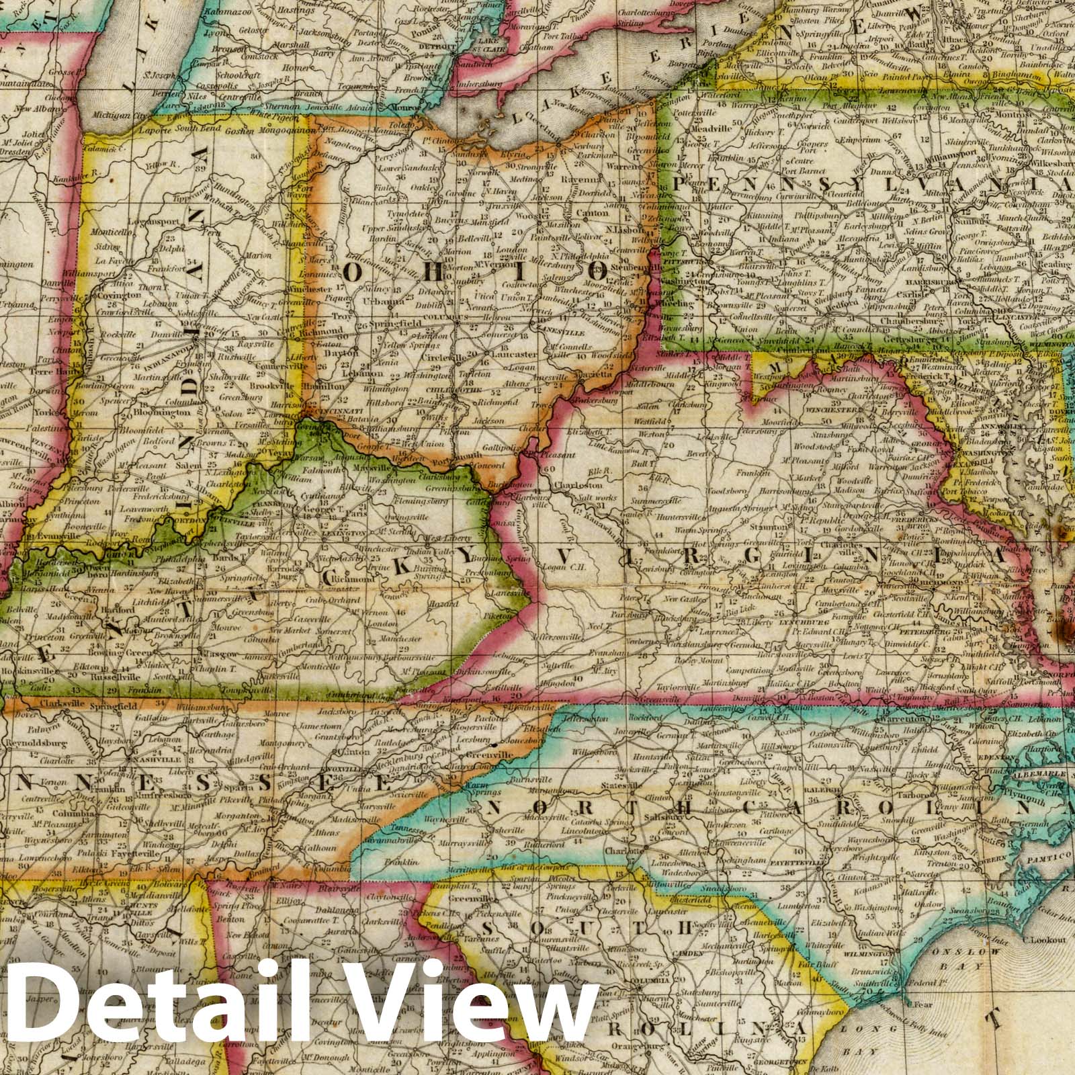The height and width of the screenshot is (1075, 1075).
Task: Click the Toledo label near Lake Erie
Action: (x=401, y=124)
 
